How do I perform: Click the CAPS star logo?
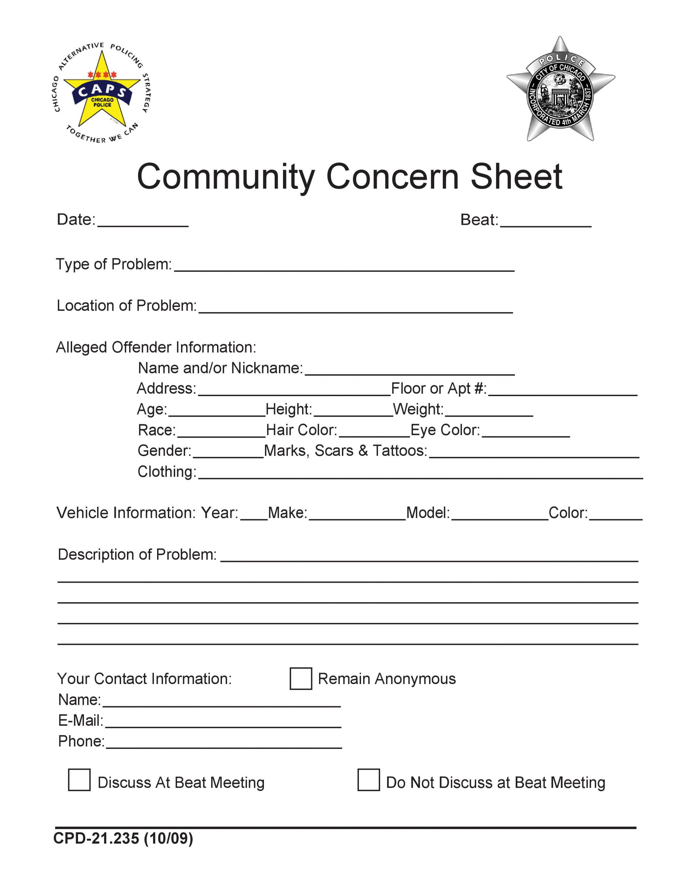click(102, 93)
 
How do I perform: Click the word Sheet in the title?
click(516, 177)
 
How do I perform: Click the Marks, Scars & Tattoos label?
click(346, 451)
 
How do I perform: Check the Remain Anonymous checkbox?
click(300, 678)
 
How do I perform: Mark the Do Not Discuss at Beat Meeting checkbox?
click(368, 780)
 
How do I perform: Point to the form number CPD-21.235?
click(123, 838)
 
